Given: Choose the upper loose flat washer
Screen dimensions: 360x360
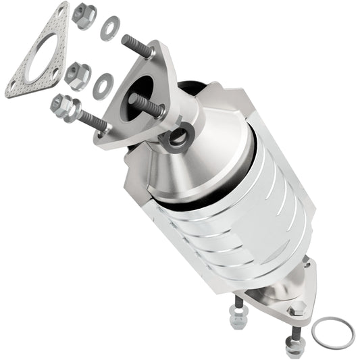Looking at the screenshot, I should [108, 28].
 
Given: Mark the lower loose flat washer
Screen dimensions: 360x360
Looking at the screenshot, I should [102, 84].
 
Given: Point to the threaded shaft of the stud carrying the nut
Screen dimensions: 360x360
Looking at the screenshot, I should [92, 120].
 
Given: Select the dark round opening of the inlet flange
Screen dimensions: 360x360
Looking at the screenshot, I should [145, 88].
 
